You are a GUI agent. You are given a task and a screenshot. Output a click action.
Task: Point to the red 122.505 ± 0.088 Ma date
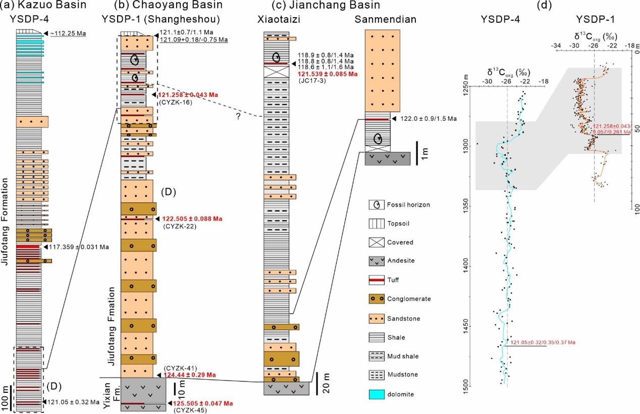point(193,219)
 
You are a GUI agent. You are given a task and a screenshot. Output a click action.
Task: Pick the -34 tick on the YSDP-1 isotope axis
point(556,45)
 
